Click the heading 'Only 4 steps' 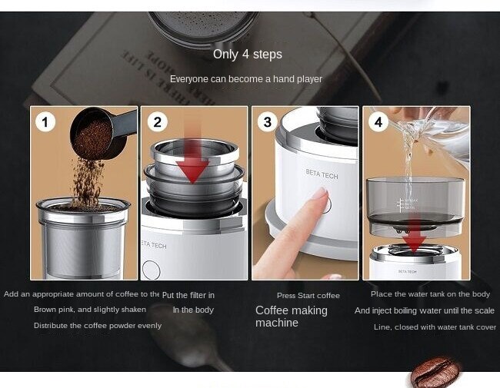coord(247,55)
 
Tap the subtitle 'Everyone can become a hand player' coord(246,79)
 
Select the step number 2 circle coord(158,122)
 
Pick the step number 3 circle coord(268,122)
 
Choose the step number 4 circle coord(378,122)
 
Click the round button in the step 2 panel coord(151,270)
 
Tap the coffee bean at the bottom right coord(435,373)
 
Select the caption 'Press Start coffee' coord(308,296)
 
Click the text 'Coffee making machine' coord(292,317)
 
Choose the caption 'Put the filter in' coord(188,295)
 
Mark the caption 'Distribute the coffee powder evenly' coord(98,326)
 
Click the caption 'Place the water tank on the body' coord(430,294)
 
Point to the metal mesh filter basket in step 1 coord(83,238)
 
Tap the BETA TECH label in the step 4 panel coord(408,271)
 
